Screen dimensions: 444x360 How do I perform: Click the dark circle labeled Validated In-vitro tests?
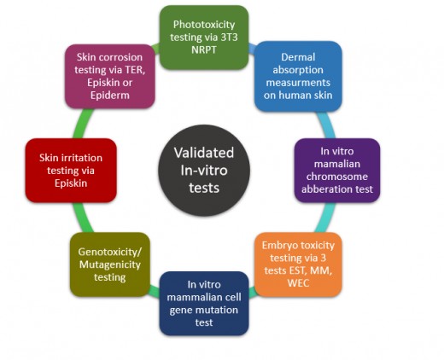(204, 171)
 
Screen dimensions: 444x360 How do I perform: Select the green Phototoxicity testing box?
(204, 38)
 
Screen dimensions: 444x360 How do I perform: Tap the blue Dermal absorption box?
(298, 76)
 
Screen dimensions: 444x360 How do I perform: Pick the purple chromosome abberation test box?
(337, 171)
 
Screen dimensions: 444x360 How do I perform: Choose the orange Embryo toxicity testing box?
(298, 264)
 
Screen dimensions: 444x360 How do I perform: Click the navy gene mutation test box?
(204, 304)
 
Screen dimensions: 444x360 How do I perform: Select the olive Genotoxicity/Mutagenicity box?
(110, 264)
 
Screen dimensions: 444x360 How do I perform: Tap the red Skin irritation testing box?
(71, 171)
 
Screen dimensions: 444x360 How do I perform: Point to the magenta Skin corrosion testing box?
(110, 76)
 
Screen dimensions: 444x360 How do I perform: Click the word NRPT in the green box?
(204, 49)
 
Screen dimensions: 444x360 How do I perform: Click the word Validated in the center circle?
(204, 153)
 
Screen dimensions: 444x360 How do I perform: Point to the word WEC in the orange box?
(298, 283)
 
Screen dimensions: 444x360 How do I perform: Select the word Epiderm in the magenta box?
(110, 96)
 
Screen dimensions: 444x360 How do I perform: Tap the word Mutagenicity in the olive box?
(110, 264)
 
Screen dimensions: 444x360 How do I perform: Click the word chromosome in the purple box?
(337, 177)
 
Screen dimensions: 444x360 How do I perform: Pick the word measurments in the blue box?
(298, 83)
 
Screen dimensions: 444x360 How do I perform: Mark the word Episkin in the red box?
(71, 183)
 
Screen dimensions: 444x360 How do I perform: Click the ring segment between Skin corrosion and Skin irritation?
(82, 124)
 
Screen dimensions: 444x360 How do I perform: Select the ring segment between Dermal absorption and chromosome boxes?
(326, 125)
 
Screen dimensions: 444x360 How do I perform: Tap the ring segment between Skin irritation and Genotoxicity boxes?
(82, 218)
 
